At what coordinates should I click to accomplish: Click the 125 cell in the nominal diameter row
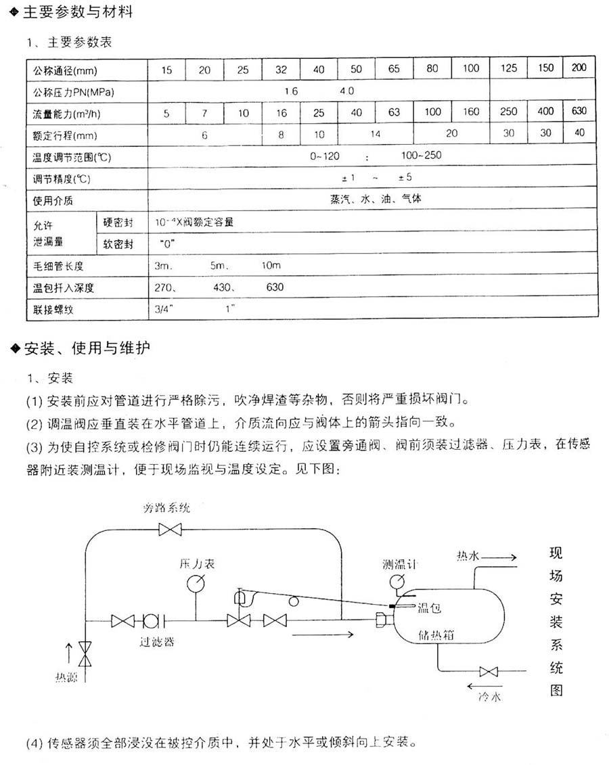(x=509, y=68)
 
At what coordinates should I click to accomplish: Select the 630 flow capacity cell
(x=579, y=112)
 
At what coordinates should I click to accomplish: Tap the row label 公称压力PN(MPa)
(x=72, y=91)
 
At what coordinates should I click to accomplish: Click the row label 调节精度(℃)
(x=62, y=179)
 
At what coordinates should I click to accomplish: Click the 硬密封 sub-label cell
(x=118, y=223)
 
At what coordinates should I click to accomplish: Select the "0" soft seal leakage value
(x=164, y=244)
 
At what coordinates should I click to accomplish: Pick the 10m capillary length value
(x=271, y=266)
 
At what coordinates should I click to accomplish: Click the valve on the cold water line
(x=488, y=672)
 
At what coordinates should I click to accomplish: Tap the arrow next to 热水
(x=501, y=557)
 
